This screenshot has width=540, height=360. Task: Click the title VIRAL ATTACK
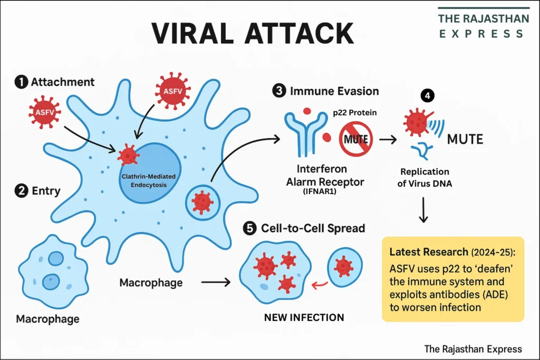click(252, 34)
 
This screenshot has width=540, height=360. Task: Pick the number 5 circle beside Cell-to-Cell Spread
click(249, 228)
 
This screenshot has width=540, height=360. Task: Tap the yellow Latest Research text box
click(452, 278)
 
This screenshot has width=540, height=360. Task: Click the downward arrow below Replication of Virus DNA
click(423, 210)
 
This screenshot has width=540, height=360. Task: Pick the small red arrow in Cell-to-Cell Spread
click(319, 285)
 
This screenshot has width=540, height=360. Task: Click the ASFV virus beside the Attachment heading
click(45, 112)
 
